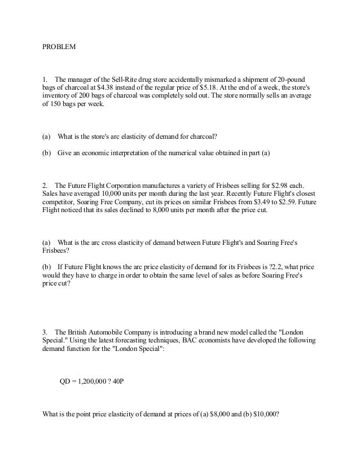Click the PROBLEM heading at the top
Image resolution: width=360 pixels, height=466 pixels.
click(59, 46)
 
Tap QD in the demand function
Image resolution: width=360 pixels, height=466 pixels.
click(66, 381)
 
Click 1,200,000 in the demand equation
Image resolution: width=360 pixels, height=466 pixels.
click(93, 381)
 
